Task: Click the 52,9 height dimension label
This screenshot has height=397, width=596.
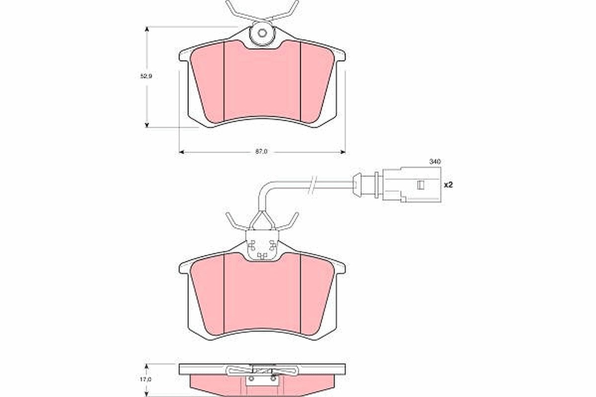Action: [x=146, y=76]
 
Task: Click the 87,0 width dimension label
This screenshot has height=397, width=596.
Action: [x=261, y=152]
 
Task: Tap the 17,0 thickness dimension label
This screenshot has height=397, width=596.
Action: [x=146, y=380]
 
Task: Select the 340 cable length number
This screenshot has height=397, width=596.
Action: [x=435, y=161]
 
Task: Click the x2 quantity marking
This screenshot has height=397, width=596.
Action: [x=448, y=185]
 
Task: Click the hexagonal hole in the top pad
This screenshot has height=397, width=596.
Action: [x=262, y=34]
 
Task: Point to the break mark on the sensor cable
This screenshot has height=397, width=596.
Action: [x=312, y=184]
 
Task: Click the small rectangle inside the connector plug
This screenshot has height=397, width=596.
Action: [x=420, y=185]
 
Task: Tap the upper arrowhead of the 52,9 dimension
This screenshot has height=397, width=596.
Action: [x=147, y=29]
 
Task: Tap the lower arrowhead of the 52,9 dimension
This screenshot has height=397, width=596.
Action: [x=147, y=125]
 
